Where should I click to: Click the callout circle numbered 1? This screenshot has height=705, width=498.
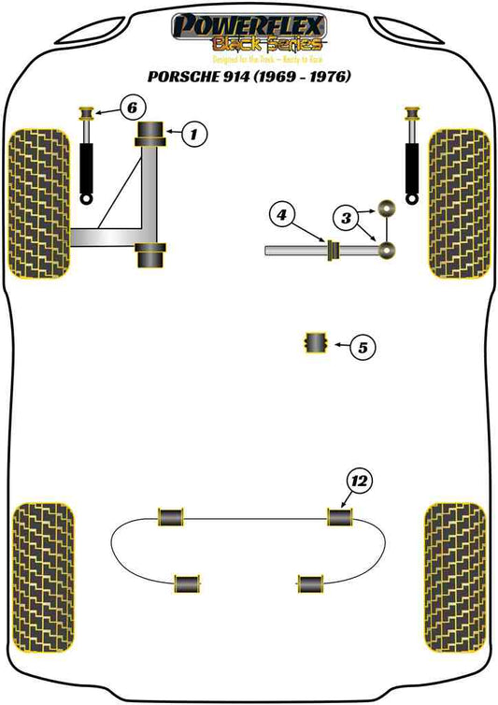(192, 136)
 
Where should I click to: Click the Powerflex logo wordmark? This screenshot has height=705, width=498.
(249, 25)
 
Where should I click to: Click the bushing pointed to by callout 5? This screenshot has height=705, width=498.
(316, 343)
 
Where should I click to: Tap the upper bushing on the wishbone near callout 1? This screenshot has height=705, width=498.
(151, 137)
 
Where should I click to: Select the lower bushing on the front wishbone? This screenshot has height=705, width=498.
(151, 254)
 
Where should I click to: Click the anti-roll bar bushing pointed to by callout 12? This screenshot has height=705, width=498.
(338, 515)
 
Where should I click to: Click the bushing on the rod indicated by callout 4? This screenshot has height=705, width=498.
(329, 251)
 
